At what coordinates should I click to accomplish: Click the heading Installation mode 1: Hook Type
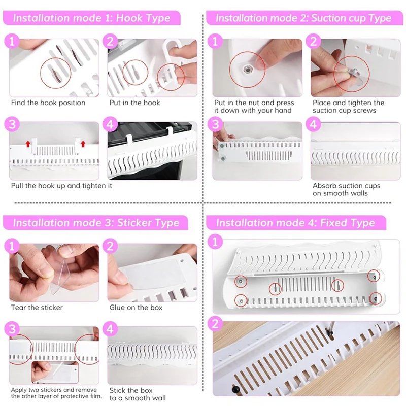[x=92, y=18]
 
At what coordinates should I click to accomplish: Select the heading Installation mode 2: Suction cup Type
[x=303, y=18]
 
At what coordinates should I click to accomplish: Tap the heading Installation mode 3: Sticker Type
[x=96, y=223]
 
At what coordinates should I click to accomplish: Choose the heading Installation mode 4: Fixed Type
[x=295, y=223]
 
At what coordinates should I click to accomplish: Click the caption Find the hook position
[x=48, y=103]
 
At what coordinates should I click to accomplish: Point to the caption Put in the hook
[x=134, y=103]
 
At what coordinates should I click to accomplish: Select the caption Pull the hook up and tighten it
[x=61, y=186]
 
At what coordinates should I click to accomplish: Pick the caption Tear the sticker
[x=37, y=308]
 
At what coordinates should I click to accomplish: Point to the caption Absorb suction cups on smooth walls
[x=346, y=189]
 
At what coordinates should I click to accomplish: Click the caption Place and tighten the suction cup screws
[x=348, y=107]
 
